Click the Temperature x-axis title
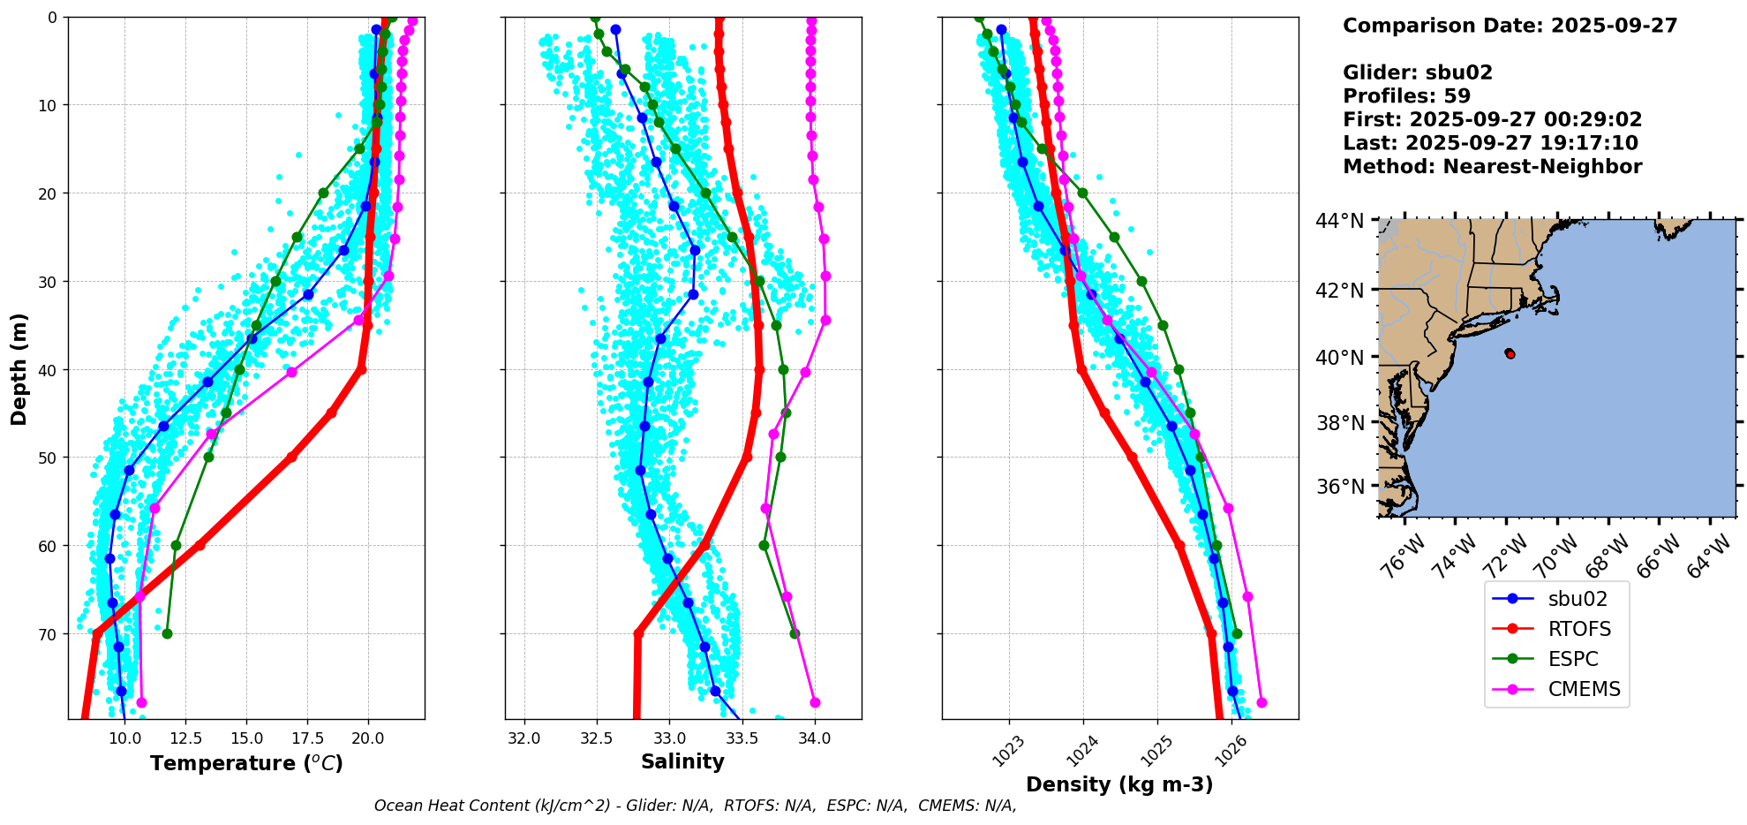coord(246,763)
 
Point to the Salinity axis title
coord(682,761)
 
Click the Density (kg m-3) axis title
coord(1119,784)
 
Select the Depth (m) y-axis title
coord(19,368)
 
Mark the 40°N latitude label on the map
coord(1340,358)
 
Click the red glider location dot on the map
coord(1510,353)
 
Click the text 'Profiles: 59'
coord(1406,96)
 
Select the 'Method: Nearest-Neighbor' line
coord(1492,167)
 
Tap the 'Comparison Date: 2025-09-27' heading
coord(1510,26)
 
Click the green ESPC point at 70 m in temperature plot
coord(167,633)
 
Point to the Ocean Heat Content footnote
coord(695,806)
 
